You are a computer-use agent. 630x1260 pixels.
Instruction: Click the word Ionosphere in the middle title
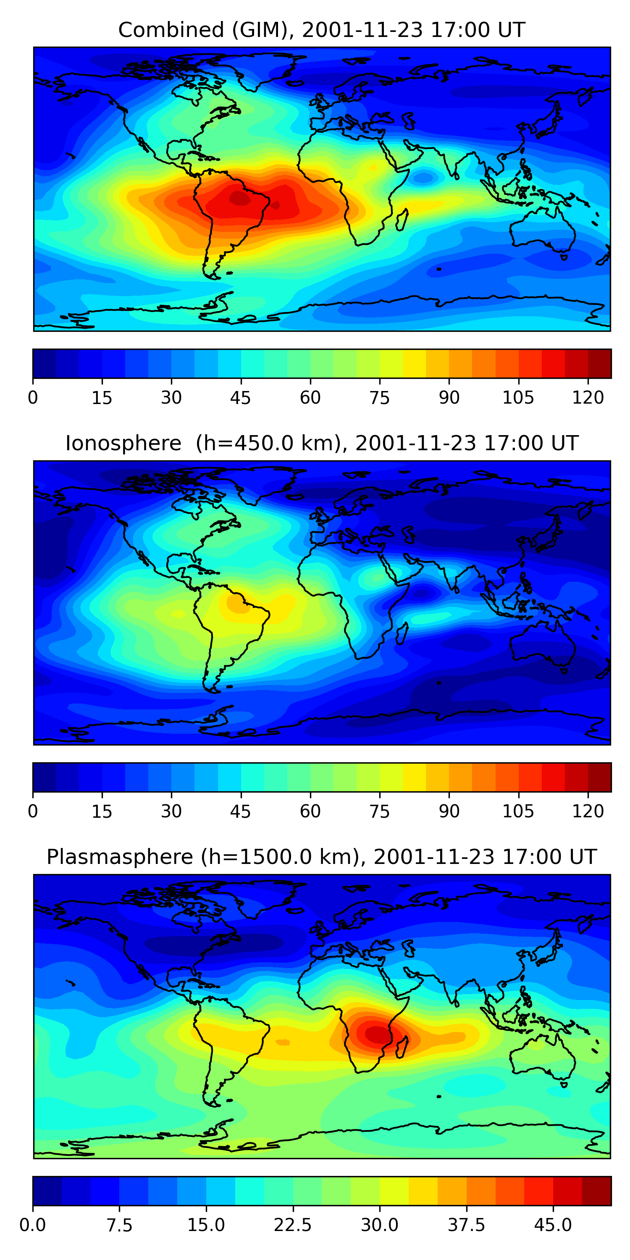pyautogui.click(x=123, y=443)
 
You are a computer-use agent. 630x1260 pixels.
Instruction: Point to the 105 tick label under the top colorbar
pyautogui.click(x=518, y=398)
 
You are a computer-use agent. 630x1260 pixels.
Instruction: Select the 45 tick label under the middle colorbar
pyautogui.click(x=240, y=811)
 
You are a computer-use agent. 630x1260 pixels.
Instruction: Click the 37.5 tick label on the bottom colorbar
pyautogui.click(x=466, y=1225)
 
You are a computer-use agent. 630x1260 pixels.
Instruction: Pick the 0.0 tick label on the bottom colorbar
pyautogui.click(x=32, y=1225)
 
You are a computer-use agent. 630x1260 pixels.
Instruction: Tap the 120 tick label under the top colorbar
pyautogui.click(x=588, y=398)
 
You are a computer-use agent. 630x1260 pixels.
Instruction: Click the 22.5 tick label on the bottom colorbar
pyautogui.click(x=292, y=1225)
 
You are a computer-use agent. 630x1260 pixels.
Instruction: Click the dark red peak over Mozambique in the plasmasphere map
pyautogui.click(x=377, y=1034)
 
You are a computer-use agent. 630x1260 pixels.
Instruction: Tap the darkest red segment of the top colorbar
pyautogui.click(x=599, y=363)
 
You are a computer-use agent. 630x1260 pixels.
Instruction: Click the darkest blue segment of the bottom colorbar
pyautogui.click(x=47, y=1191)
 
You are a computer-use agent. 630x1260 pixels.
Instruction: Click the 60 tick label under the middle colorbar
pyautogui.click(x=310, y=811)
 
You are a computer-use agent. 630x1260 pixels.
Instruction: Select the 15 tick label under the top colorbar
pyautogui.click(x=102, y=398)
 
